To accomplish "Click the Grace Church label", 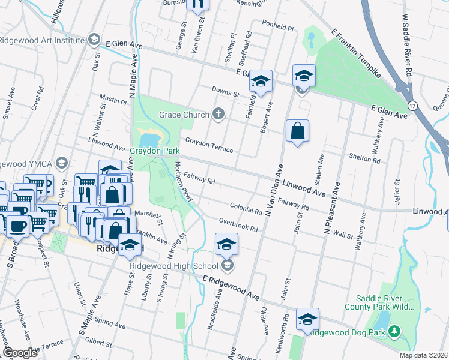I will coord(184,115).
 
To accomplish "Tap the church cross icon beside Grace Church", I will coord(218,114).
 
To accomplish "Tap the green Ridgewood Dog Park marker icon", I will coord(394,331).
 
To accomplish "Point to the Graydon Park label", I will coord(155,151).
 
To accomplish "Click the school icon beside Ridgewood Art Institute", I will coord(93,40).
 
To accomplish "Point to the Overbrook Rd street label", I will coord(238,225).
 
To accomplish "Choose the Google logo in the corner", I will coord(20,353).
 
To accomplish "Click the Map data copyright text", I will coord(424,355).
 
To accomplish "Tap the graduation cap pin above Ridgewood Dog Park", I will coord(307,319).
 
